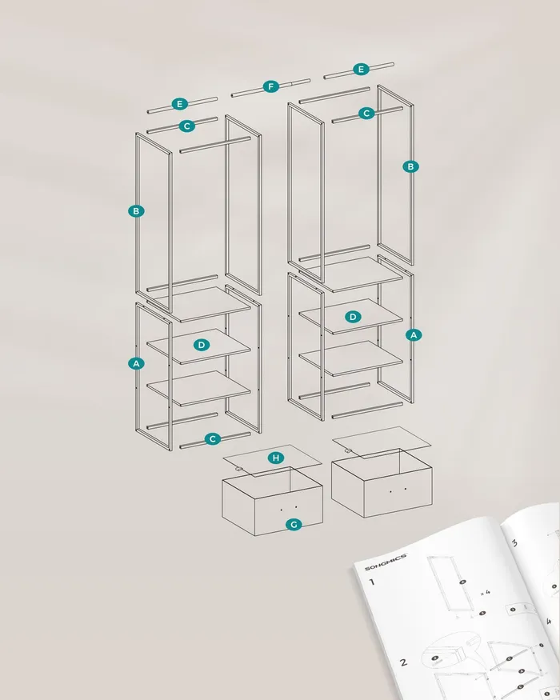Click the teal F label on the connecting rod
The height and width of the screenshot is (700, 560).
tap(270, 86)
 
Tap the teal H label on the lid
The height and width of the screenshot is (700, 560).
tap(276, 458)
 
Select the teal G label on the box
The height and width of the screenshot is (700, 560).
tap(294, 524)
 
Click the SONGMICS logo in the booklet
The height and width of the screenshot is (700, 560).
tap(386, 562)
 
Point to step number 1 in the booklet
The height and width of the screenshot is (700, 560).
tap(372, 582)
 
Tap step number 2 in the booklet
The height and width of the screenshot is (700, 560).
tap(403, 662)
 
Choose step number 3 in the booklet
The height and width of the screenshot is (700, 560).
tap(514, 543)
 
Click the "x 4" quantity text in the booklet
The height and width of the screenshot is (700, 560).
tap(486, 593)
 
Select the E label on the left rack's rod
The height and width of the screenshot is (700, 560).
tap(179, 104)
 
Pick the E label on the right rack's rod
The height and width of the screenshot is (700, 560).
tap(361, 69)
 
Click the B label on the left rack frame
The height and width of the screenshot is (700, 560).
tap(136, 211)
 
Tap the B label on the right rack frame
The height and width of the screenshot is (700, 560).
tap(411, 166)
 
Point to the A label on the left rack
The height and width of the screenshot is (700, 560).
tap(136, 363)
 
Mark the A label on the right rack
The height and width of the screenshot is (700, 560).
tap(414, 335)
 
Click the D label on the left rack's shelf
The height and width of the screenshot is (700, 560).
tap(202, 345)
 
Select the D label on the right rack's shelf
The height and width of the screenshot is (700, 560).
tap(353, 317)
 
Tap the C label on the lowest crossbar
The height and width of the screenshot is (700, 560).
tap(213, 439)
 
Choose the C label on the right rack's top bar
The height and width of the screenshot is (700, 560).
tap(366, 114)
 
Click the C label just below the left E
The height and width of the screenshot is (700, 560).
tap(187, 126)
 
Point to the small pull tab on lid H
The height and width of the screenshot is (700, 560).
tap(239, 469)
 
